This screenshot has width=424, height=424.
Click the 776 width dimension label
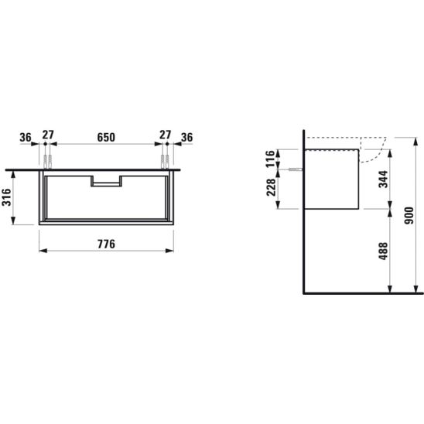[x=106, y=244]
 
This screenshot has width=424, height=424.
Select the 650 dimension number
[x=106, y=138]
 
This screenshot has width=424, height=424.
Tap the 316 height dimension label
[x=6, y=197]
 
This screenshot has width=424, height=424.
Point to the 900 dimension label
[x=409, y=216]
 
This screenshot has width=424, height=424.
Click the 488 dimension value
[x=383, y=251]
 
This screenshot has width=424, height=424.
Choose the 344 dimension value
[x=383, y=180]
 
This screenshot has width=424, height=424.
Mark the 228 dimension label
[x=271, y=187]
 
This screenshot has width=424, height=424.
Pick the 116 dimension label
[x=270, y=159]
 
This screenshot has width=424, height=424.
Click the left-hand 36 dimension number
[x=26, y=138]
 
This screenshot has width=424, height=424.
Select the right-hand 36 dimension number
[x=186, y=138]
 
